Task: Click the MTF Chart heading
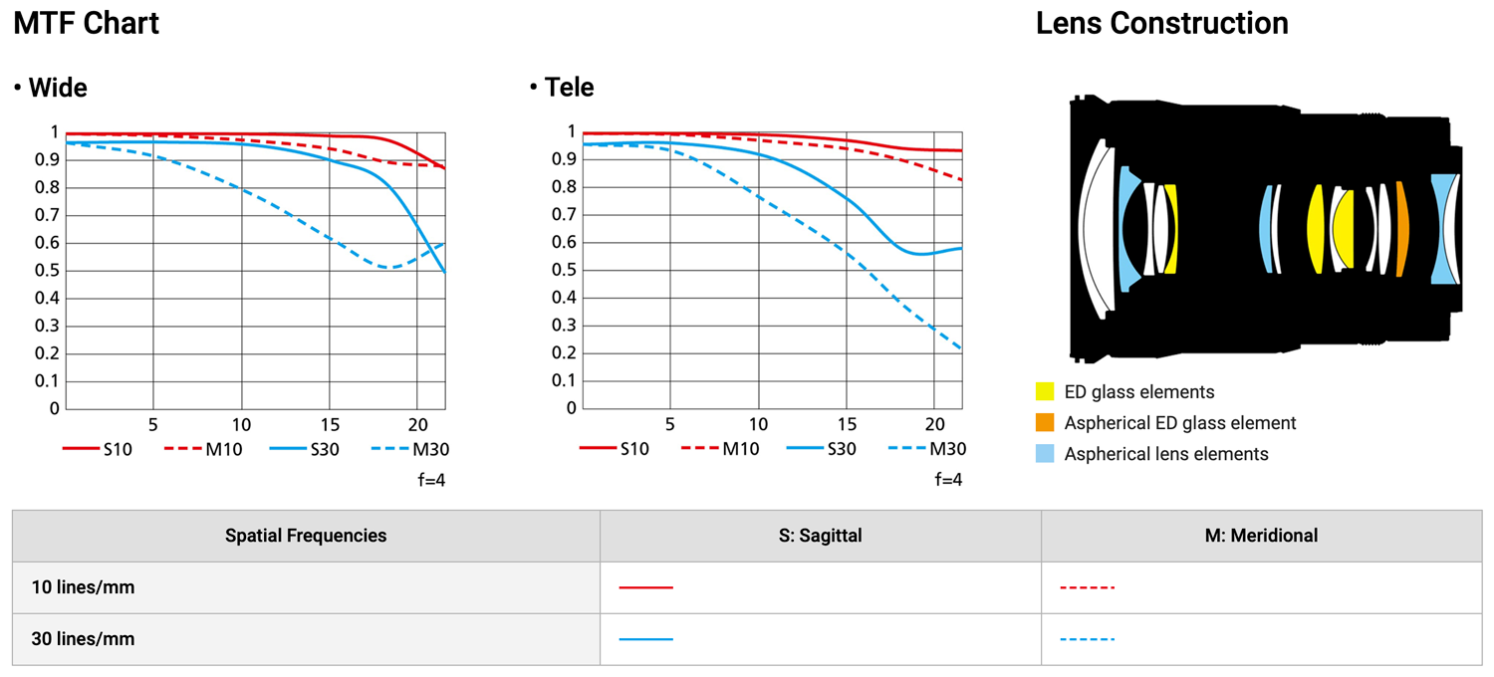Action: [x=87, y=24]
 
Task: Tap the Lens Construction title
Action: [x=1161, y=24]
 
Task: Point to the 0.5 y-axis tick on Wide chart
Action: [x=48, y=271]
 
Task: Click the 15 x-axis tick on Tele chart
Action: [x=847, y=422]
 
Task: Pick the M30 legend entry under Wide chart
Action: [x=409, y=449]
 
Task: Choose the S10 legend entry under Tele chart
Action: [x=615, y=449]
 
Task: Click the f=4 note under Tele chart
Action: [x=948, y=479]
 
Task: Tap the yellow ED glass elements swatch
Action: [x=1045, y=391]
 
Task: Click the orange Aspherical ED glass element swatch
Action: [x=1045, y=422]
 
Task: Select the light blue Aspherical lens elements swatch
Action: [x=1045, y=454]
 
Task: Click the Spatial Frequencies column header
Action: [x=306, y=536]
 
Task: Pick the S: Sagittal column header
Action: [x=820, y=536]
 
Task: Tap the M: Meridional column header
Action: [x=1261, y=536]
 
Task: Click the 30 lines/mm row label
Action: [x=83, y=639]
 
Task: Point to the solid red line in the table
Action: [x=645, y=587]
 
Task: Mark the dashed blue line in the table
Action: [x=1087, y=639]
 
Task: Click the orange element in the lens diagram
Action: [x=1402, y=229]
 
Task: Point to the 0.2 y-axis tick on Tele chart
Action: [x=565, y=353]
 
